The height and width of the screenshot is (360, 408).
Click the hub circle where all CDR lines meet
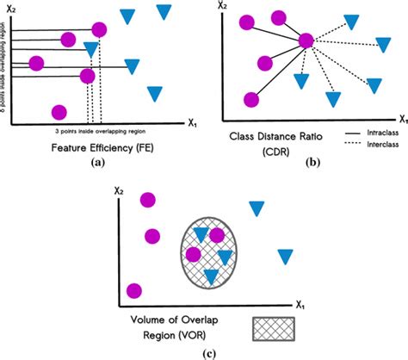[306, 41]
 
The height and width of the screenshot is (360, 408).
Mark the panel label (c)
[203, 351]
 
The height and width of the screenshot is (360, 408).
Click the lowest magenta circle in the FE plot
[59, 111]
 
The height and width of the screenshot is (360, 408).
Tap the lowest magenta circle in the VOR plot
[133, 290]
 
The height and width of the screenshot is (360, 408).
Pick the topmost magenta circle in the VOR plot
[147, 200]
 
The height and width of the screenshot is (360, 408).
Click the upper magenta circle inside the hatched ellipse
[216, 236]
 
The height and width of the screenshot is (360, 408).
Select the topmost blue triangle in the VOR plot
[256, 208]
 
